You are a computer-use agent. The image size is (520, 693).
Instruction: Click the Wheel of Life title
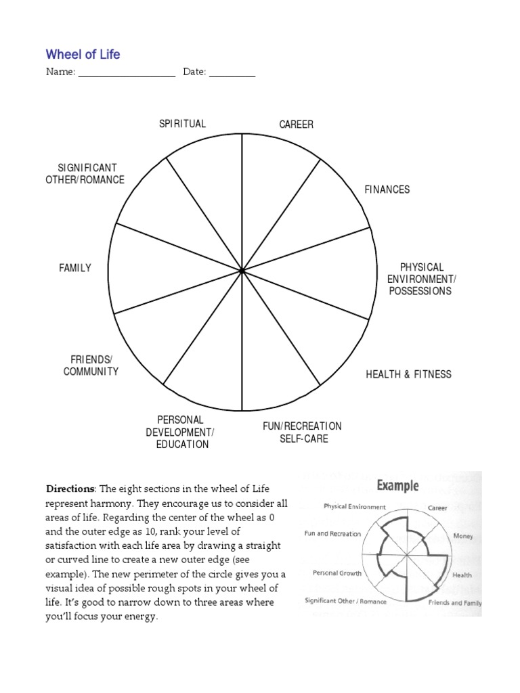(83, 54)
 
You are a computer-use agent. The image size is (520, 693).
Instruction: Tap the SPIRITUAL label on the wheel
(182, 124)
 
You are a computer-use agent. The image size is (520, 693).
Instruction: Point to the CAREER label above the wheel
(297, 125)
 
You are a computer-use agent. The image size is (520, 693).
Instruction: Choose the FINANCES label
(387, 189)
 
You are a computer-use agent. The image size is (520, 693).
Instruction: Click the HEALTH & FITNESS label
(408, 374)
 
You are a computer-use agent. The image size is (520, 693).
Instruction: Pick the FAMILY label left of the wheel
(75, 268)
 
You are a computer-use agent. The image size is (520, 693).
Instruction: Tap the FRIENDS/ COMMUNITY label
(91, 365)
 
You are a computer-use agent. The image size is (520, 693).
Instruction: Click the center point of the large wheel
(242, 271)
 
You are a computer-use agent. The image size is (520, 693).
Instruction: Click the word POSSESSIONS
(420, 291)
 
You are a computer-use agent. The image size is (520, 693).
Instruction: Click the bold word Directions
(70, 489)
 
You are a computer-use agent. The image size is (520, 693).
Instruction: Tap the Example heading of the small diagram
(397, 485)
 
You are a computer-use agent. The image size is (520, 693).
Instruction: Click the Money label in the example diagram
(463, 536)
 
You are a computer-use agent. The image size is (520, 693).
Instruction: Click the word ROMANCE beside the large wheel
(102, 179)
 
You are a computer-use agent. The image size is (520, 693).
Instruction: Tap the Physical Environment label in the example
(355, 506)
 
